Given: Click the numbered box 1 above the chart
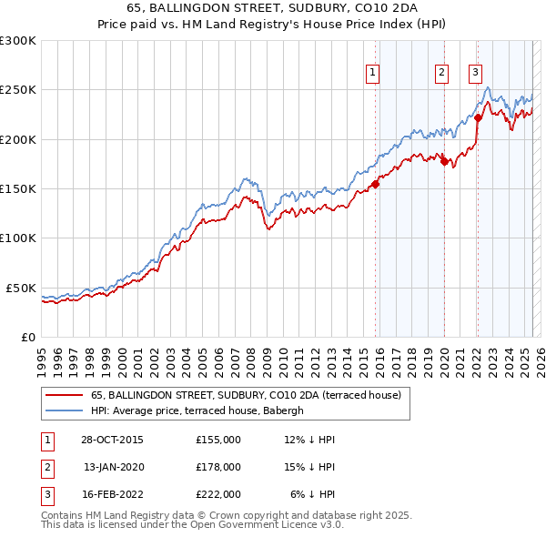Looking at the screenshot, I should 373,74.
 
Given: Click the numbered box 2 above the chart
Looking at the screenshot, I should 441,74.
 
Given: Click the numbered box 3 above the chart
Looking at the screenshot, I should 475,74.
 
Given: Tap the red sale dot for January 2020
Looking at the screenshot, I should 444,161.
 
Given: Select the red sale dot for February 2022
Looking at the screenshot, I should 478,117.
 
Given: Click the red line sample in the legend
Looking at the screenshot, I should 64,396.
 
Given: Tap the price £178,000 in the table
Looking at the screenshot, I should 218,466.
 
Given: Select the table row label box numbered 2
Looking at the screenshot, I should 45,466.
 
